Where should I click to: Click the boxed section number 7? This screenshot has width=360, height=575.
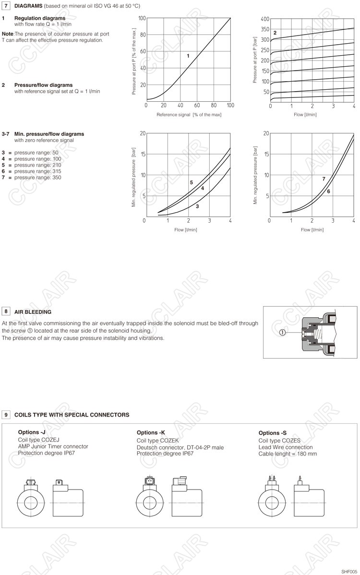6,6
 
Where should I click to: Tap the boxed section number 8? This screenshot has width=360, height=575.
6,311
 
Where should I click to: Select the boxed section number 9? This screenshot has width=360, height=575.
6,414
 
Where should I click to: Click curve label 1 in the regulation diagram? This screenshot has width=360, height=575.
188,56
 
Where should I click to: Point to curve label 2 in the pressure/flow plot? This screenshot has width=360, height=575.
275,33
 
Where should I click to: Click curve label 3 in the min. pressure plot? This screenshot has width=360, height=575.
197,206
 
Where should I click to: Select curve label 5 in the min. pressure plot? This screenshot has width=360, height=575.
191,182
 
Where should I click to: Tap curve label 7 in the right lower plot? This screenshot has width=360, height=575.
324,179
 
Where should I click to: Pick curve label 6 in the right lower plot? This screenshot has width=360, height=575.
328,192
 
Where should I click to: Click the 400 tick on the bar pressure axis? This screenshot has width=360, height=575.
265,19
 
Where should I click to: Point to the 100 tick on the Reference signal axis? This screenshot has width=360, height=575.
230,106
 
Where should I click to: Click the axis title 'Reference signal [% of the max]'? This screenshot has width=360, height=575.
189,115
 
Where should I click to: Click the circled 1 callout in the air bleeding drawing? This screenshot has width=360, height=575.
283,332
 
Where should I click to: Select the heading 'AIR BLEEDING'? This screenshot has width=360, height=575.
33,312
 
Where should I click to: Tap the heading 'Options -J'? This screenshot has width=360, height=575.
32,432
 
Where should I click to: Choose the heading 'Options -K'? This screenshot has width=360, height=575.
151,432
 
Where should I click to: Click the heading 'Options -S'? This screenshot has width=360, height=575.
273,433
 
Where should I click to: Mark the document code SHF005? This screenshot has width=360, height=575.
349,571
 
